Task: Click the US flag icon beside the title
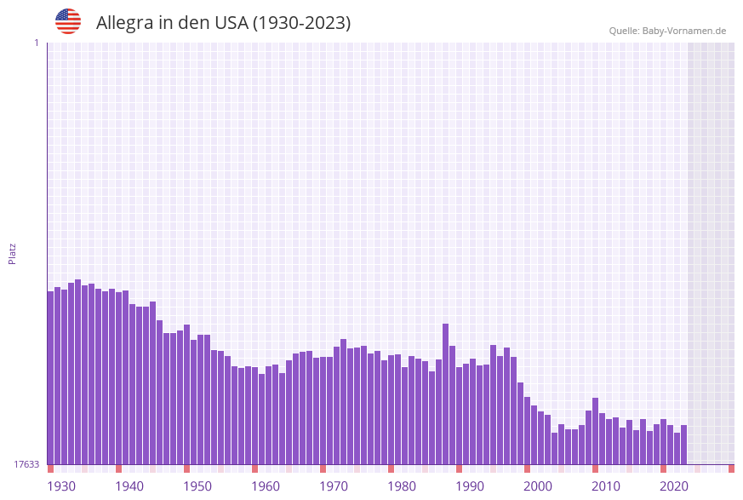tap(68, 21)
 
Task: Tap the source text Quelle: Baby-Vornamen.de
tap(667, 31)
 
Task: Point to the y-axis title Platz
tap(12, 253)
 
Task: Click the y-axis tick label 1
tap(36, 43)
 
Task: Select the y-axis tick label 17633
tap(26, 464)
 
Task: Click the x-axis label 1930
tap(60, 486)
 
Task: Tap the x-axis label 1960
tap(266, 486)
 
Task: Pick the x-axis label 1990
tap(470, 486)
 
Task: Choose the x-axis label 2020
tap(674, 486)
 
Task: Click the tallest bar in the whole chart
tap(77, 371)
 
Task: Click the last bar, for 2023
tap(683, 444)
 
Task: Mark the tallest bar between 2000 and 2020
tap(595, 430)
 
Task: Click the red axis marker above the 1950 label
tap(186, 468)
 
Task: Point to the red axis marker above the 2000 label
tap(527, 468)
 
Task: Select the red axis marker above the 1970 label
tap(323, 468)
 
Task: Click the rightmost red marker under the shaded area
tap(731, 468)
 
